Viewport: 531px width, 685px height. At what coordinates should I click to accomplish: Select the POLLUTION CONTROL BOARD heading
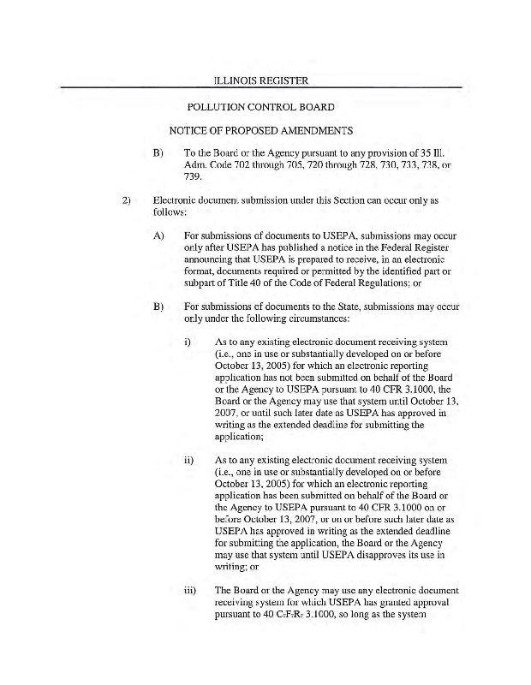tap(260, 107)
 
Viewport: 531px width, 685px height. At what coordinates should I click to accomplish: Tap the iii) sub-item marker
tap(192, 590)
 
